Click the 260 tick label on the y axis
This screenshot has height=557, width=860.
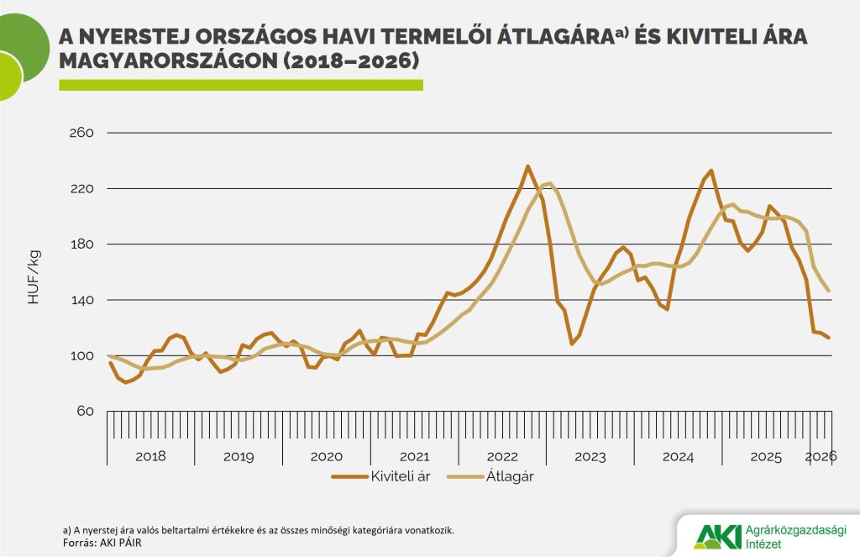click(x=80, y=133)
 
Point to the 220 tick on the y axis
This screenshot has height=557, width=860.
click(x=80, y=188)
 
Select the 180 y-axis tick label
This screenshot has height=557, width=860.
click(x=80, y=244)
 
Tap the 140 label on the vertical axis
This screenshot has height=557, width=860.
click(x=80, y=300)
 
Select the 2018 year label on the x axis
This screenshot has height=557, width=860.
click(x=150, y=456)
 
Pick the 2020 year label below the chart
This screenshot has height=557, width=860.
click(x=326, y=456)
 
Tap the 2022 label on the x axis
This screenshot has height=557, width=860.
click(x=502, y=456)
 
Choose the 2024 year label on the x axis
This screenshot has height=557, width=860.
click(x=678, y=456)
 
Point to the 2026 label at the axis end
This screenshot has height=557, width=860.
click(x=821, y=456)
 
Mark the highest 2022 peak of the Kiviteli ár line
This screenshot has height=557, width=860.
click(x=527, y=166)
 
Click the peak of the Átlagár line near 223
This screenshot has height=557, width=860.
click(x=549, y=183)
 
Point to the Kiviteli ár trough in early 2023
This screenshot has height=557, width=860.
click(x=572, y=344)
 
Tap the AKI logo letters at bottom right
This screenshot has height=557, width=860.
click(x=718, y=535)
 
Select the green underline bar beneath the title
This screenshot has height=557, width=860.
click(x=240, y=85)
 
